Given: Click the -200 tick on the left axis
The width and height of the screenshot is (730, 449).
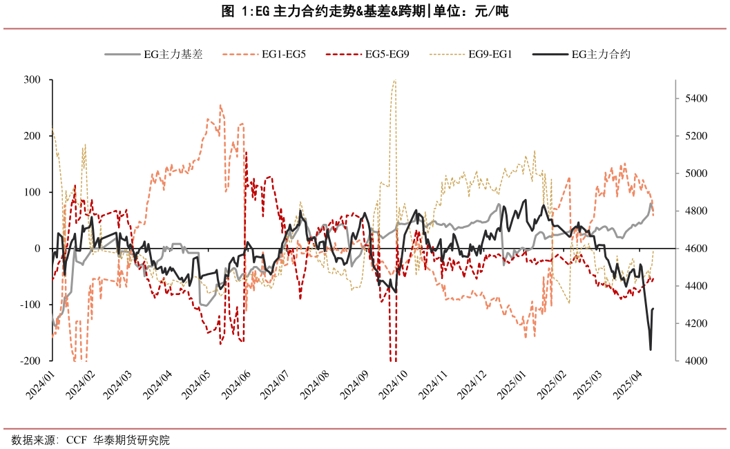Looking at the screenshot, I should point(31,361).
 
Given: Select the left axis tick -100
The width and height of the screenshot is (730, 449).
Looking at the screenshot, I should point(31,305).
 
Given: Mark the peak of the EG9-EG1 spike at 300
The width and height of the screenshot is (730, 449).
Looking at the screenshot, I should point(394,80).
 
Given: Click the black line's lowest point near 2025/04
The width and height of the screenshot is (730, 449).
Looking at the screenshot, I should point(650,350).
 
